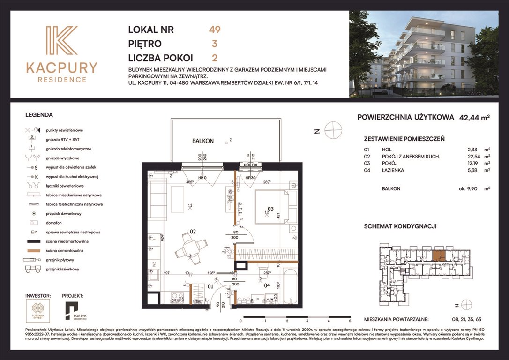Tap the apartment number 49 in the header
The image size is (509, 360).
(x=214, y=30)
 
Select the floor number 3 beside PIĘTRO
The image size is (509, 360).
(x=214, y=44)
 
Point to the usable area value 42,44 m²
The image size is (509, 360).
(x=474, y=118)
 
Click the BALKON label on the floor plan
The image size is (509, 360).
(x=203, y=141)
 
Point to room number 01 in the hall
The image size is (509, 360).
(x=211, y=285)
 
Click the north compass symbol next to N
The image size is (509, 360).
(x=333, y=130)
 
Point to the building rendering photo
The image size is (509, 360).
(x=423, y=54)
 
